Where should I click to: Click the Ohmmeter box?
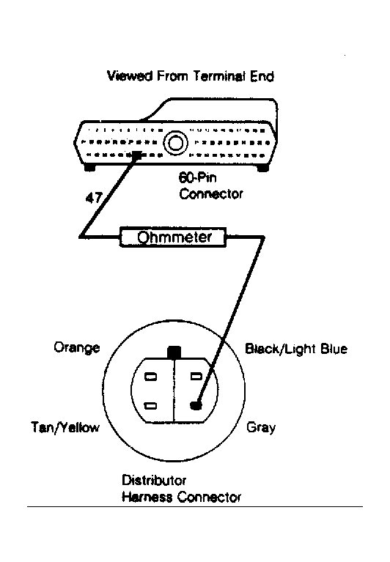(x=174, y=237)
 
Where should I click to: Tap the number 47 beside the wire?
(x=94, y=198)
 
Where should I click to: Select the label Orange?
(x=76, y=347)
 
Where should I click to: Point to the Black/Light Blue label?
(x=295, y=349)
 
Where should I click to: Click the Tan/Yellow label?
(x=65, y=427)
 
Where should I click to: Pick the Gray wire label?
(x=261, y=427)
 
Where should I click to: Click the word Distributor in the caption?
(x=154, y=481)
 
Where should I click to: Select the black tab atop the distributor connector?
(x=174, y=352)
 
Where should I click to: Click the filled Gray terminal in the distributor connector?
(x=196, y=404)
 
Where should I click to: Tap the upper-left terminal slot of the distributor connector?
(x=151, y=377)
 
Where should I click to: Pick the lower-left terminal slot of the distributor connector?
(x=151, y=404)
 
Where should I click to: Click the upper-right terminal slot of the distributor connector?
(x=196, y=377)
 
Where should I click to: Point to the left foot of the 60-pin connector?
(x=90, y=168)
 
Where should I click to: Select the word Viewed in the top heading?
(x=126, y=75)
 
